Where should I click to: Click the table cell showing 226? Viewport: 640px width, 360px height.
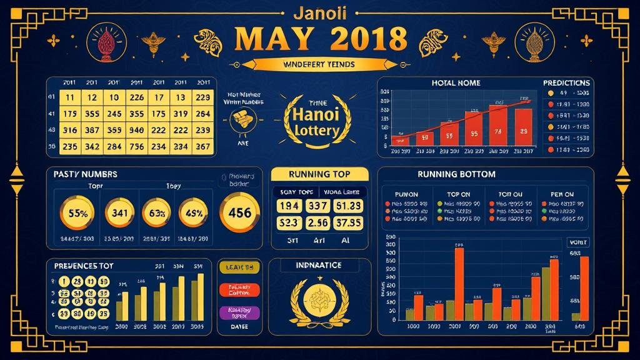[x=136, y=97]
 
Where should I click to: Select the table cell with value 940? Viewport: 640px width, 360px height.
[x=136, y=130]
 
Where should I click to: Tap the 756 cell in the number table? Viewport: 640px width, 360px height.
[x=136, y=146]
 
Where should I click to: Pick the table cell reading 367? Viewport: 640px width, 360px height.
[x=202, y=146]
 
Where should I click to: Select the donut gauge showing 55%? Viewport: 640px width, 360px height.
[x=77, y=212]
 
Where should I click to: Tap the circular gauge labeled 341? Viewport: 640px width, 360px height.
[x=119, y=212]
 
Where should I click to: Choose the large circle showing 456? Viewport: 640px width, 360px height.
[x=240, y=212]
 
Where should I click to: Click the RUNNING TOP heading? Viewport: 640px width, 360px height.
[x=319, y=174]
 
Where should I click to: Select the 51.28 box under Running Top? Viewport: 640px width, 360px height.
[x=347, y=206]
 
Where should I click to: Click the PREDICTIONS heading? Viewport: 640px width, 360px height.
[x=566, y=82]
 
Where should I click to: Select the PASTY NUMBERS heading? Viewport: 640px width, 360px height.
[x=85, y=174]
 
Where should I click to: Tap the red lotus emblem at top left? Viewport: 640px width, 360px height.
[x=104, y=41]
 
